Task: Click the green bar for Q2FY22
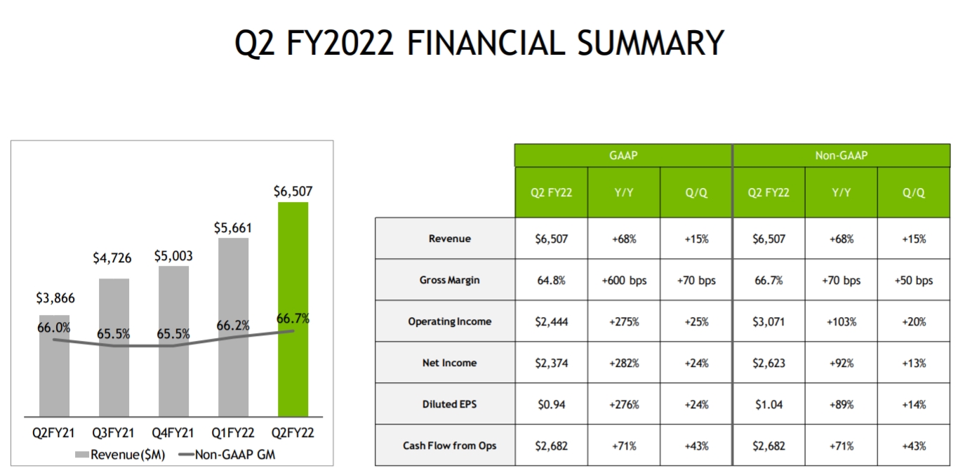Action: coord(293,309)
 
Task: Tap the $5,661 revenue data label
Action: coord(232,228)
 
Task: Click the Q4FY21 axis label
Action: coord(173,434)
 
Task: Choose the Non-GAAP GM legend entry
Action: coord(227,455)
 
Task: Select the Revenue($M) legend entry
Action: coord(119,455)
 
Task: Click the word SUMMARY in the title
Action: coord(651,43)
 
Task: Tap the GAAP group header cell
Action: coord(623,155)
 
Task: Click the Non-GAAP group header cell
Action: coord(841,155)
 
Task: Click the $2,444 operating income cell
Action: coord(551,321)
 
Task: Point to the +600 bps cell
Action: coord(624,280)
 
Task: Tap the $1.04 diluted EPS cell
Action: coord(768,404)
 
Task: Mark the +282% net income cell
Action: coord(624,363)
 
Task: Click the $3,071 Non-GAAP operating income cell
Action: coord(768,321)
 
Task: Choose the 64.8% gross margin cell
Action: coord(551,280)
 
